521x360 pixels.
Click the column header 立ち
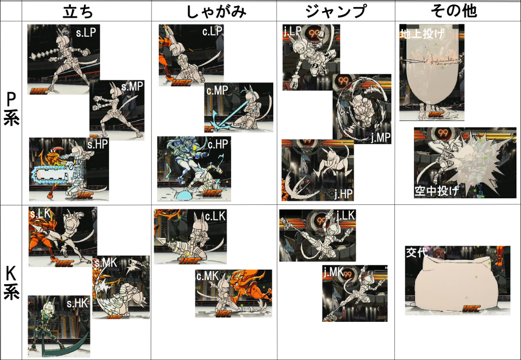78,11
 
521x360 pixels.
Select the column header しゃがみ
216,11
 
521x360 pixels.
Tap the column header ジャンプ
336,11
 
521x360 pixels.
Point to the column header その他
454,11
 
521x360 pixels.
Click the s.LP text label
85,33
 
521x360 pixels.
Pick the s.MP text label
132,86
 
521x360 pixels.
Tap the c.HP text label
218,144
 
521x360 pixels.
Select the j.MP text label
381,137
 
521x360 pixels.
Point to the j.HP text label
343,194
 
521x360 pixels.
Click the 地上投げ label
422,34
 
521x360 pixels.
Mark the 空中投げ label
437,191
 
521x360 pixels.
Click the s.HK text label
77,303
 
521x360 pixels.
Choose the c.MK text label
208,276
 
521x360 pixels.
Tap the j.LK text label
346,215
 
